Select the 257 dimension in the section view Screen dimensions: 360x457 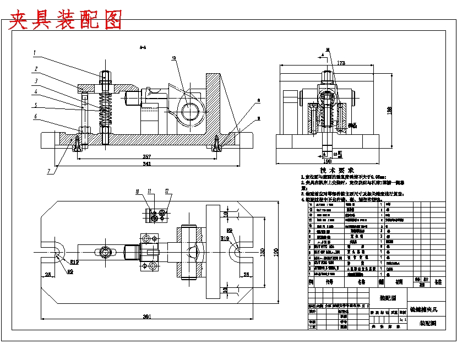click(148, 157)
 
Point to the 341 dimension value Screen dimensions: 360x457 click(148, 163)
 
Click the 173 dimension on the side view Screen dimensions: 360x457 click(341, 64)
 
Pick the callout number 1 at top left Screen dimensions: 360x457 click(34, 53)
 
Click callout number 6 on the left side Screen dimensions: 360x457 click(35, 116)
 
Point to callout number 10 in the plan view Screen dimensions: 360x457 click(138, 192)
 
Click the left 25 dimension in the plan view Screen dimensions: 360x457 click(48, 274)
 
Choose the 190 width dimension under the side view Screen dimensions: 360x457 click(327, 162)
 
